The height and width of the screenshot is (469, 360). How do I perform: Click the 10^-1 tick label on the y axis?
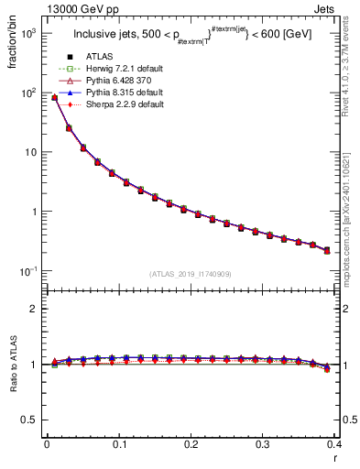[x=28, y=271]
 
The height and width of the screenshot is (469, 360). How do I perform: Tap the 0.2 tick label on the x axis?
[x=191, y=445]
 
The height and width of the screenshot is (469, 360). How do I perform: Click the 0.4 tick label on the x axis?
[x=334, y=445]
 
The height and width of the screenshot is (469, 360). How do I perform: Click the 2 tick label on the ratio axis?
[x=34, y=309]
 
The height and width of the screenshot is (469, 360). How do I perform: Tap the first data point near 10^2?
[x=54, y=98]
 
